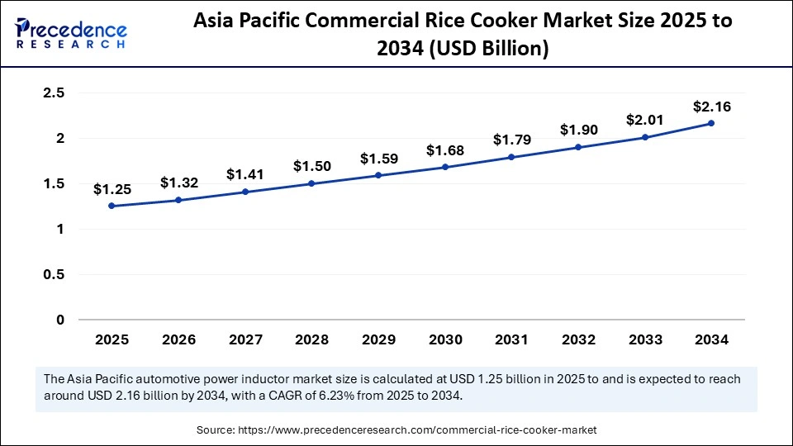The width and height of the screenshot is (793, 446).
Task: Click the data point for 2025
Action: pyautogui.click(x=112, y=206)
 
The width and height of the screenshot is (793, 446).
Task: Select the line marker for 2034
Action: pyautogui.click(x=711, y=123)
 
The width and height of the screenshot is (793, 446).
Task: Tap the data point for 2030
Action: pyautogui.click(x=445, y=167)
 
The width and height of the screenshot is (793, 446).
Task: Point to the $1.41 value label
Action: pyautogui.click(x=245, y=174)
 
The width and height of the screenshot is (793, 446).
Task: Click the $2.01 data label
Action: pyautogui.click(x=644, y=120)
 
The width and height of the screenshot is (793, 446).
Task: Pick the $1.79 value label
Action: pyautogui.click(x=511, y=140)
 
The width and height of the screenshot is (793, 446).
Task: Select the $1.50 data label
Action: pyautogui.click(x=311, y=166)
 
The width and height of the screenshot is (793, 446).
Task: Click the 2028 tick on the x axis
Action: pyautogui.click(x=311, y=339)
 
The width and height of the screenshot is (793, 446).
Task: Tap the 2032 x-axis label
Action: pyautogui.click(x=578, y=339)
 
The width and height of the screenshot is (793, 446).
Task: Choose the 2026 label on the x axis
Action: pyautogui.click(x=178, y=339)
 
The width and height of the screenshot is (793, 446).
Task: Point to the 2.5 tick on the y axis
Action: pyautogui.click(x=54, y=93)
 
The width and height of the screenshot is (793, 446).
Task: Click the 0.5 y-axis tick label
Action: pyautogui.click(x=54, y=274)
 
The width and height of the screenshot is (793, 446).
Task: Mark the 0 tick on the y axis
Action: pyautogui.click(x=59, y=320)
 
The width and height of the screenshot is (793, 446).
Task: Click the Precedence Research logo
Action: pyautogui.click(x=71, y=32)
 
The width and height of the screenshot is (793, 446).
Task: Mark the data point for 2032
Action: pyautogui.click(x=578, y=147)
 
